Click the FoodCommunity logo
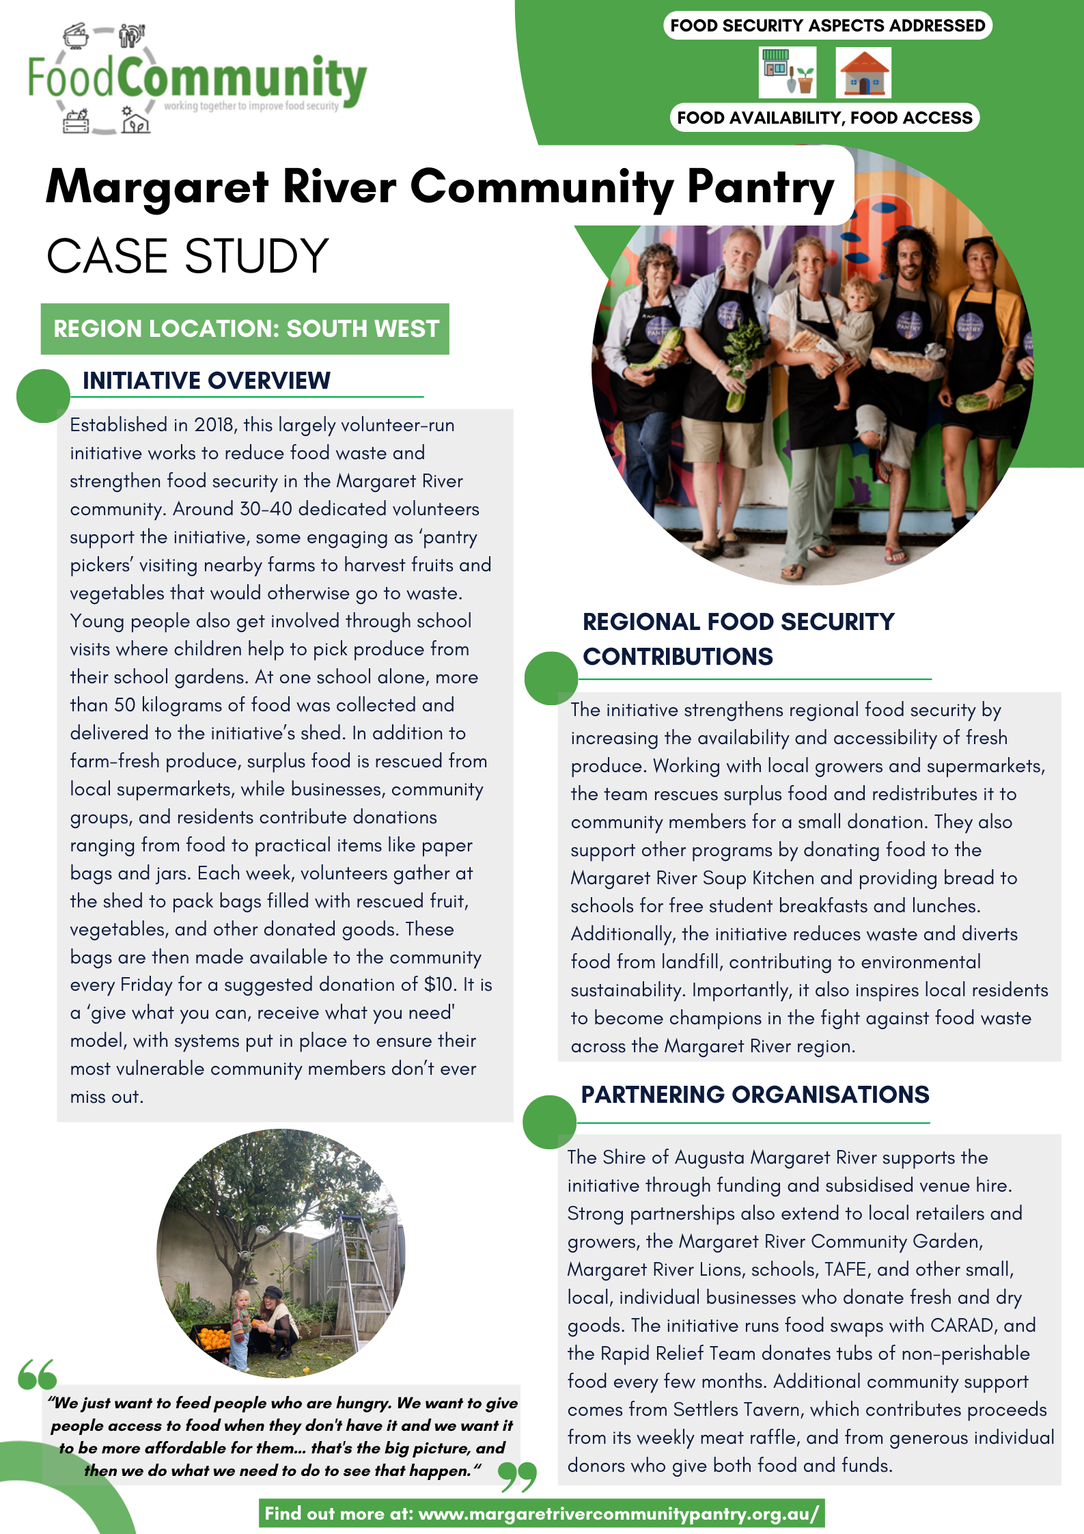coord(197,79)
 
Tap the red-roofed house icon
coord(863,73)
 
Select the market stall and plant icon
coord(787,72)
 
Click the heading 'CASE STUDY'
coord(188,256)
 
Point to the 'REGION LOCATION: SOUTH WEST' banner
coord(245,329)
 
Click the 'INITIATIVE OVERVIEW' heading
coord(206,381)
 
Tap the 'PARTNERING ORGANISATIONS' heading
coord(755,1095)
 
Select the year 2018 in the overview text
coord(214,425)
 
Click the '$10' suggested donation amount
coord(439,985)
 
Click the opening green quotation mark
coord(37,1374)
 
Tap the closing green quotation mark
coord(517,1477)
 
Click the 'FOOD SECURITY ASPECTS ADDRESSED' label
coord(827,26)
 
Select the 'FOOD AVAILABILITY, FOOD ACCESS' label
coord(824,118)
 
